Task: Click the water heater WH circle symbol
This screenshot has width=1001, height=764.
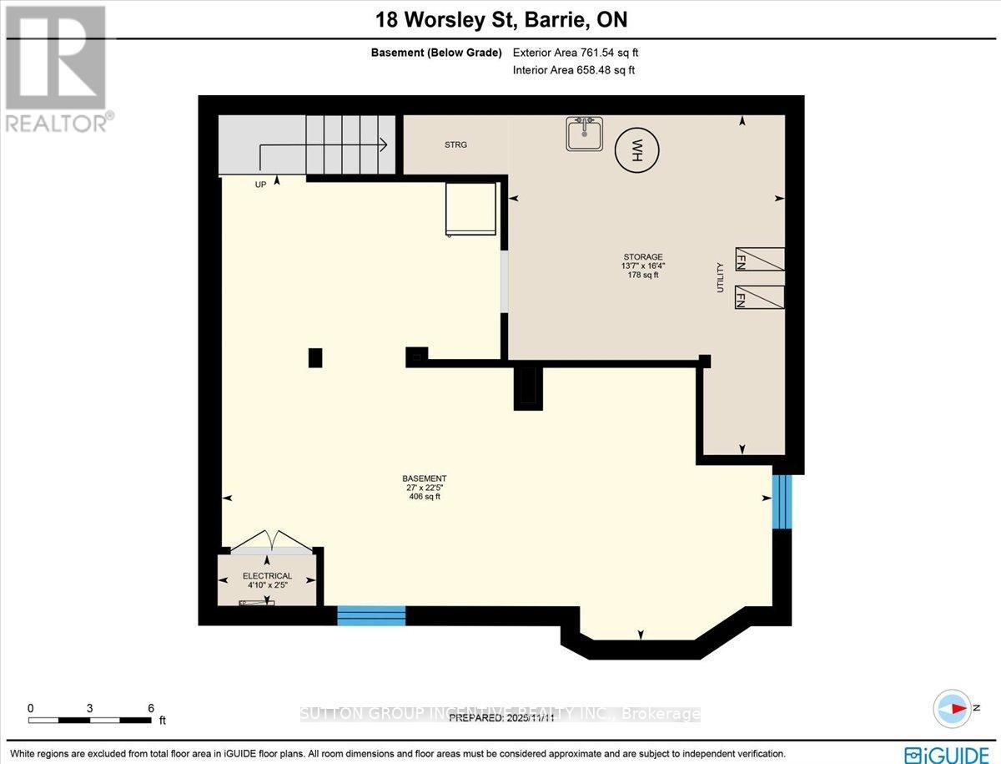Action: pos(636,150)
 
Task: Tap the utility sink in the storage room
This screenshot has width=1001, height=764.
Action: pos(585,134)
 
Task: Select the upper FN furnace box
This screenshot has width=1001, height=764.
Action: pos(759,259)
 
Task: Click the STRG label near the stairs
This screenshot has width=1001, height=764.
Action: pos(455,145)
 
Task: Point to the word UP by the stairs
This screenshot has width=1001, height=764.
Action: pos(261,185)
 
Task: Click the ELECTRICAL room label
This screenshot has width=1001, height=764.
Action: pos(267,576)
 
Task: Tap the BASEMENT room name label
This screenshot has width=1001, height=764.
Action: pos(419,479)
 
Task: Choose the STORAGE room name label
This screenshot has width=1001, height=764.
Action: pos(643,257)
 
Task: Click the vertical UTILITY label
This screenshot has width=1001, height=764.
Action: pos(719,277)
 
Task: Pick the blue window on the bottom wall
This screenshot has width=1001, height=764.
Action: pos(371,616)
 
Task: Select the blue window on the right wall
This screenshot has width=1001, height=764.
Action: pos(781,502)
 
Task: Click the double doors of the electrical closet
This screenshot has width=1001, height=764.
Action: pos(271,543)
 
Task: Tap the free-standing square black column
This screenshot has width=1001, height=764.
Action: pos(314,357)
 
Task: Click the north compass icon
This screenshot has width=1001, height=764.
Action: pos(952,708)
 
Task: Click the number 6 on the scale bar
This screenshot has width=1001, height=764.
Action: pos(151,708)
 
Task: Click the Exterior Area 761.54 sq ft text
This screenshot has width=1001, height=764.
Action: pos(576,53)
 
